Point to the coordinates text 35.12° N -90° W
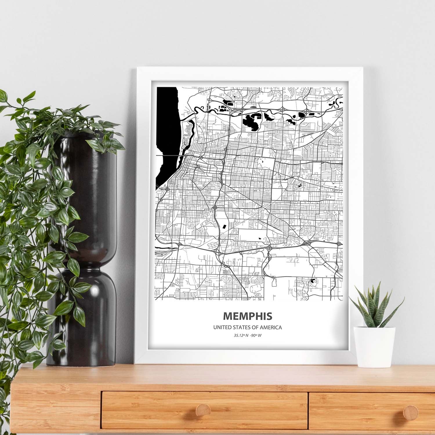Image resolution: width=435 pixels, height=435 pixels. (x=247, y=336)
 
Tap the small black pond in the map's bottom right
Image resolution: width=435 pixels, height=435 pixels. (x=312, y=281)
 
